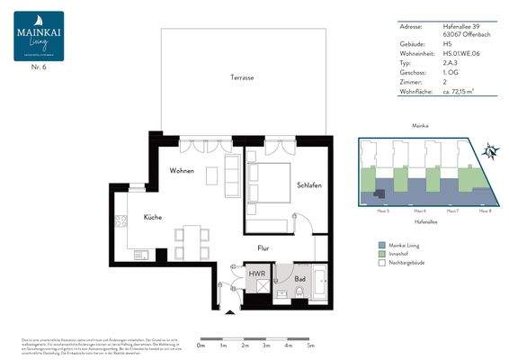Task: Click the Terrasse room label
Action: (x=242, y=78)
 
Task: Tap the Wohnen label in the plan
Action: (x=183, y=170)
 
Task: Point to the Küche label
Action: (x=152, y=219)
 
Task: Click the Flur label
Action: (x=263, y=247)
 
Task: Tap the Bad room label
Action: (x=299, y=279)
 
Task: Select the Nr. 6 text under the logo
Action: (x=39, y=68)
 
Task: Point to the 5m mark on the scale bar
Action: (x=310, y=345)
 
